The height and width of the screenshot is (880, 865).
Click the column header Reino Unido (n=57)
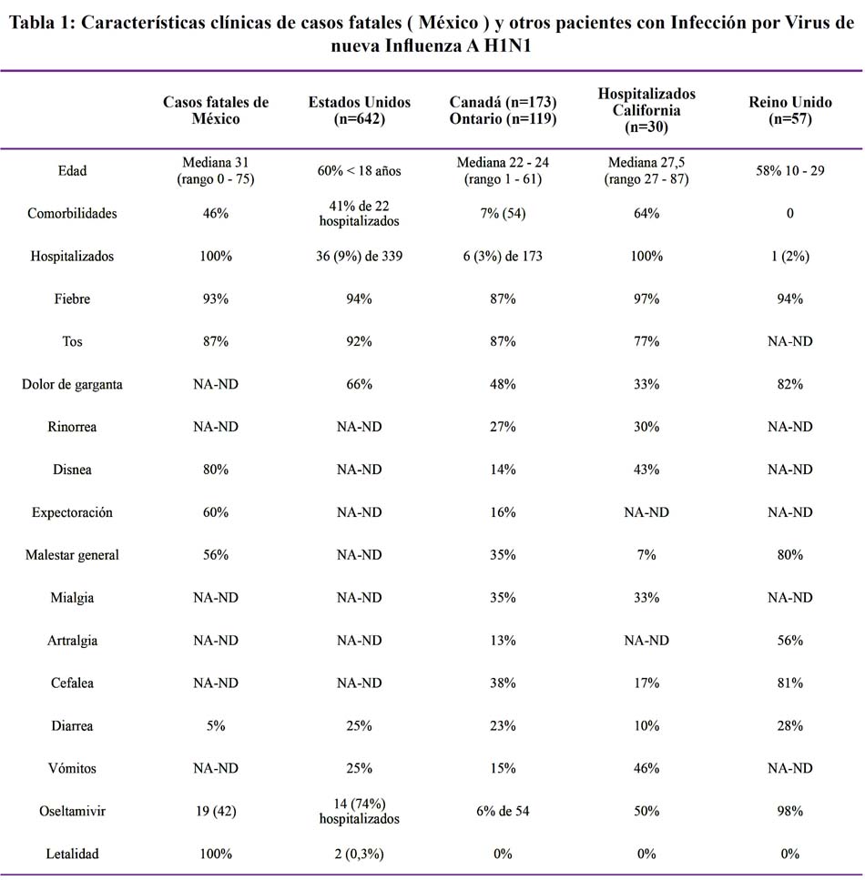click(x=789, y=110)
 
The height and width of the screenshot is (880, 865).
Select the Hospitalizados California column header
click(x=646, y=110)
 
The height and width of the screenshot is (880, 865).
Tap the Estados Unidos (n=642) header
click(x=360, y=110)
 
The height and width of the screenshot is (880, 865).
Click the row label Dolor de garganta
click(x=72, y=384)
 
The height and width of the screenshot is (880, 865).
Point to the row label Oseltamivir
click(x=72, y=811)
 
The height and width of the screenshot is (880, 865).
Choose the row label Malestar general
click(x=72, y=555)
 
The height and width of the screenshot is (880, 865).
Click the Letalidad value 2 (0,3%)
click(x=360, y=854)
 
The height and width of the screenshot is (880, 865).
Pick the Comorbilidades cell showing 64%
click(x=646, y=213)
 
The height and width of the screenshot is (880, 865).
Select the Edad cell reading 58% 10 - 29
click(x=789, y=170)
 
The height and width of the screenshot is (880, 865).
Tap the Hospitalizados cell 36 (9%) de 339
click(x=360, y=256)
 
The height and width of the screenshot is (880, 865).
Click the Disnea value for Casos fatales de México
click(x=216, y=470)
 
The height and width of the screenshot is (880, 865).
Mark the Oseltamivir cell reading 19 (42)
click(x=216, y=811)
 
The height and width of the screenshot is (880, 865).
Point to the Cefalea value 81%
click(x=789, y=683)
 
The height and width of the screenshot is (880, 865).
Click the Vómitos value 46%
click(x=646, y=768)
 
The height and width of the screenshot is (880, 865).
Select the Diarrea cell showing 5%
click(x=216, y=725)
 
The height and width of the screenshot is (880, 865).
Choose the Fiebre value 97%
click(x=646, y=298)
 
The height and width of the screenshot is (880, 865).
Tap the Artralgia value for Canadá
click(x=503, y=641)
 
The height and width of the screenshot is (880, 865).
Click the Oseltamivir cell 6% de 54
click(x=503, y=811)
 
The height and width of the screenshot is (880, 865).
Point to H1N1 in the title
click(x=507, y=46)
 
